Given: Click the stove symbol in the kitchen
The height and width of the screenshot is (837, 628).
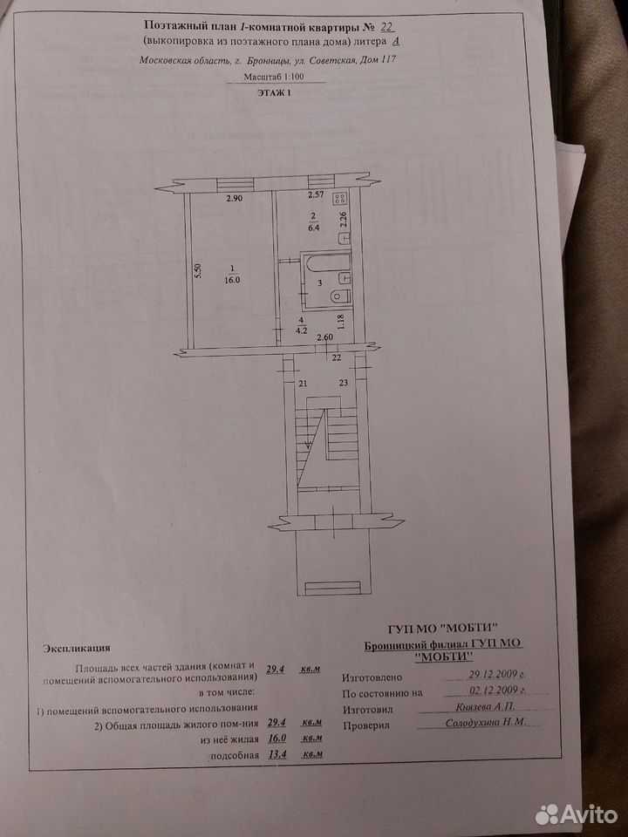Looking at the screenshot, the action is [x=339, y=199].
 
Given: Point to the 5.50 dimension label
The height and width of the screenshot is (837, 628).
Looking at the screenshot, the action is [x=198, y=272].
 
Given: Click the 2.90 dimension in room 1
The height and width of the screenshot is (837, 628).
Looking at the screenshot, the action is [x=235, y=199].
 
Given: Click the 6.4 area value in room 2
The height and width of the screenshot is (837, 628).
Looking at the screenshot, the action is [x=313, y=227].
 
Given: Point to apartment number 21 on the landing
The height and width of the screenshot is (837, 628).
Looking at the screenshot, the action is [x=304, y=383].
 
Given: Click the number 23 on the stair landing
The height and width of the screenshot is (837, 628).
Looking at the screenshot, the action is [x=344, y=382].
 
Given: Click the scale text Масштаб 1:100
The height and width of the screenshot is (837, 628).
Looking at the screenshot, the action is [x=274, y=77].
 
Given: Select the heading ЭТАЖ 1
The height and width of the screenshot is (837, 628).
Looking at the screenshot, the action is [x=275, y=93].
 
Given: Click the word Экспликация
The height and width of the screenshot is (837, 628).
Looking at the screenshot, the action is [x=78, y=648].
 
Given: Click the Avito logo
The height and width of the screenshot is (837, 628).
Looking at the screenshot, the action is [x=576, y=814].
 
